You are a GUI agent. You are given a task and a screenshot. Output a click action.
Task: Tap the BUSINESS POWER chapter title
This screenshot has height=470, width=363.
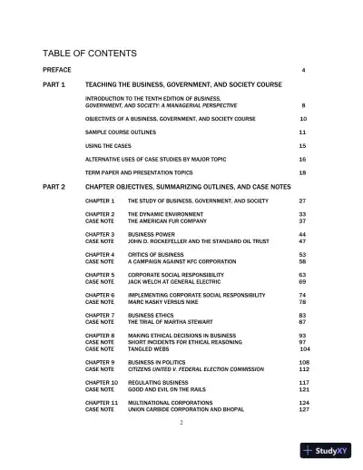click(153, 234)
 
